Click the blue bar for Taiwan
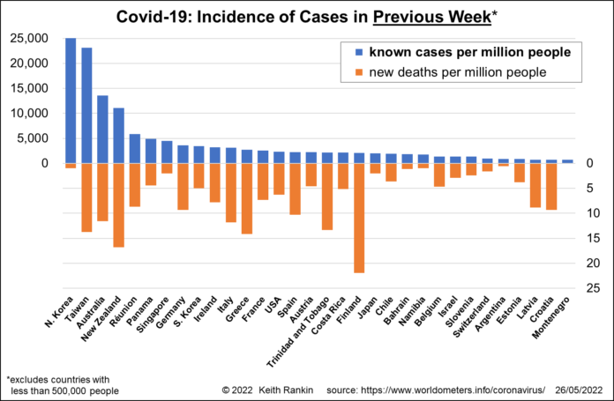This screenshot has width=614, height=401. point(86,105)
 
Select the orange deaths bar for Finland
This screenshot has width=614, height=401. point(359,218)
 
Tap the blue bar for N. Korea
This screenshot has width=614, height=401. point(71,100)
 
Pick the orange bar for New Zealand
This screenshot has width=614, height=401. point(118,204)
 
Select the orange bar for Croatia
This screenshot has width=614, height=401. point(551,186)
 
